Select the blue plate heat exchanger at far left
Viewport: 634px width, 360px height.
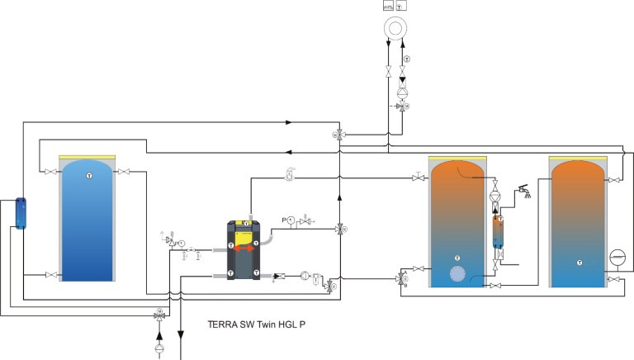coord(20,213)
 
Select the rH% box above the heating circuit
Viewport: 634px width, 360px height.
coord(389,5)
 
